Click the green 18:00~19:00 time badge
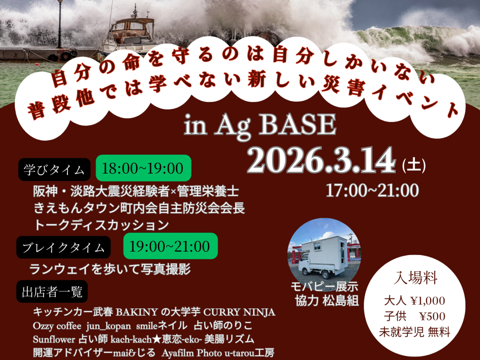coord(143,168)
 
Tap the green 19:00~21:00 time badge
coord(170,246)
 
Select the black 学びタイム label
coord(54,170)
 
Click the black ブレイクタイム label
coord(63,247)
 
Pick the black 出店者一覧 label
coord(52,292)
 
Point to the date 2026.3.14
coord(321,160)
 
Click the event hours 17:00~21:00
coord(372,191)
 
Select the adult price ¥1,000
coord(427,301)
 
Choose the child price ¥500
coord(432,316)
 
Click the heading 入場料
coord(416,278)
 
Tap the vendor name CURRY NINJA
coord(240,312)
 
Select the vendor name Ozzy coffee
coord(57,326)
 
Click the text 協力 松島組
coord(327,301)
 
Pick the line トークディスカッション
coord(101,225)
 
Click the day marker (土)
coord(414,165)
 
